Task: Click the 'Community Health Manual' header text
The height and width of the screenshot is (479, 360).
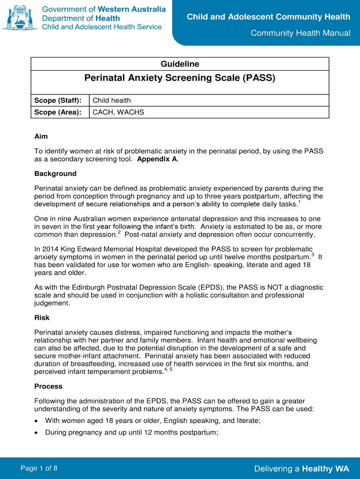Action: point(300,33)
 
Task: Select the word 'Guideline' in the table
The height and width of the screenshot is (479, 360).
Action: point(180,64)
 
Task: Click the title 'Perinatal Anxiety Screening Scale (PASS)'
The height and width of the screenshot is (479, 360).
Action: point(180,78)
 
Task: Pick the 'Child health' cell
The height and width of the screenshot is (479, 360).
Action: point(112,101)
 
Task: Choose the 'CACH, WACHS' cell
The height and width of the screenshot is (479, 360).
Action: point(118,112)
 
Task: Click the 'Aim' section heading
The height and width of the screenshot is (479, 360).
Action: point(41,136)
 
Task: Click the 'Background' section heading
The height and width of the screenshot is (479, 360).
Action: point(55,174)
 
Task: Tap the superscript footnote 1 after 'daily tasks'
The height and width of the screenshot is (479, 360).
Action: point(299,203)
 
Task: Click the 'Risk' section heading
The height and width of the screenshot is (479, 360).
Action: point(42,318)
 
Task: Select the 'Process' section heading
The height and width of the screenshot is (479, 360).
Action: point(48,386)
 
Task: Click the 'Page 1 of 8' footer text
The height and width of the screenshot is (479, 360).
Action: point(39,468)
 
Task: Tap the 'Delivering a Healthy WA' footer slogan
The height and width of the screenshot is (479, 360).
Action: point(302,469)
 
